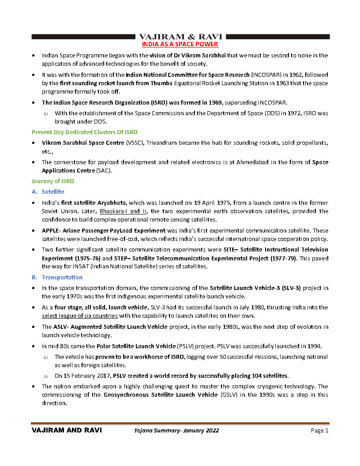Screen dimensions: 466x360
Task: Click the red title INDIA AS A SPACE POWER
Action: pos(180,45)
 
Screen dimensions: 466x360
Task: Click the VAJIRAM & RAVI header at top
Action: pos(180,37)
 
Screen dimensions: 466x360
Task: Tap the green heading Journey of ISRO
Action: pos(52,181)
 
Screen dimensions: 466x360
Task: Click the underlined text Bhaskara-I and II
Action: pos(123,211)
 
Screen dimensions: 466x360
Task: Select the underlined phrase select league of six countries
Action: pos(80,316)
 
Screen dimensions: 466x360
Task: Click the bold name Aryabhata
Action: pos(111,203)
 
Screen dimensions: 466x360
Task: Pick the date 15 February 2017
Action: pos(86,376)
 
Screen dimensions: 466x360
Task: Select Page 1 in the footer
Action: pos(319,431)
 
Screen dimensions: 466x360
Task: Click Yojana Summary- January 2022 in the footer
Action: pos(176,431)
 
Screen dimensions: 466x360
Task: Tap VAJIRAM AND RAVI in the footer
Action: pos(67,431)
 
